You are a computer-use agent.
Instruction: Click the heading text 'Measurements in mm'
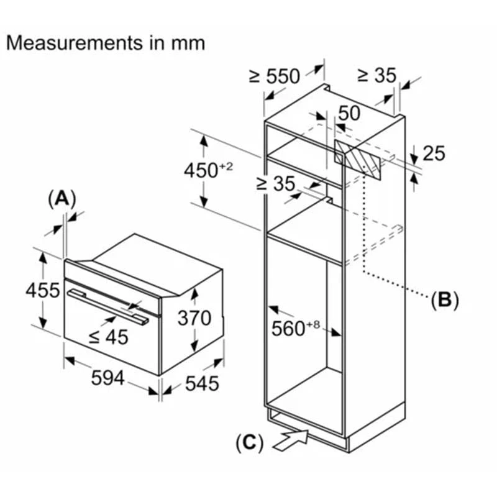[x=105, y=43]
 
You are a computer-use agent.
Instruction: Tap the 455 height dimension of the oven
[x=42, y=290]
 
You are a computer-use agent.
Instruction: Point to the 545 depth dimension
[x=202, y=383]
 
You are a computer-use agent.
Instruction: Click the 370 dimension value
[x=194, y=318]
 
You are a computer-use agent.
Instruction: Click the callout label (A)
[x=61, y=199]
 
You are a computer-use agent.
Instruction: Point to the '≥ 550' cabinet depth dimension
[x=275, y=76]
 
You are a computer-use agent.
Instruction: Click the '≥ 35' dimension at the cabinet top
[x=376, y=75]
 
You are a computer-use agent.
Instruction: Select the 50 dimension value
[x=350, y=112]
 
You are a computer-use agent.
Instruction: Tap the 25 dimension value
[x=434, y=152]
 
